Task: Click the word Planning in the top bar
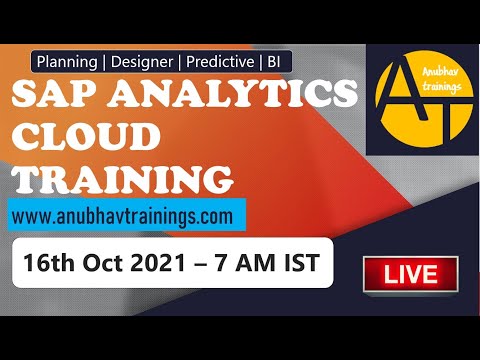(70, 62)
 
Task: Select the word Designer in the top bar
(143, 62)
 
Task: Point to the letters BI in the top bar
(272, 62)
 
